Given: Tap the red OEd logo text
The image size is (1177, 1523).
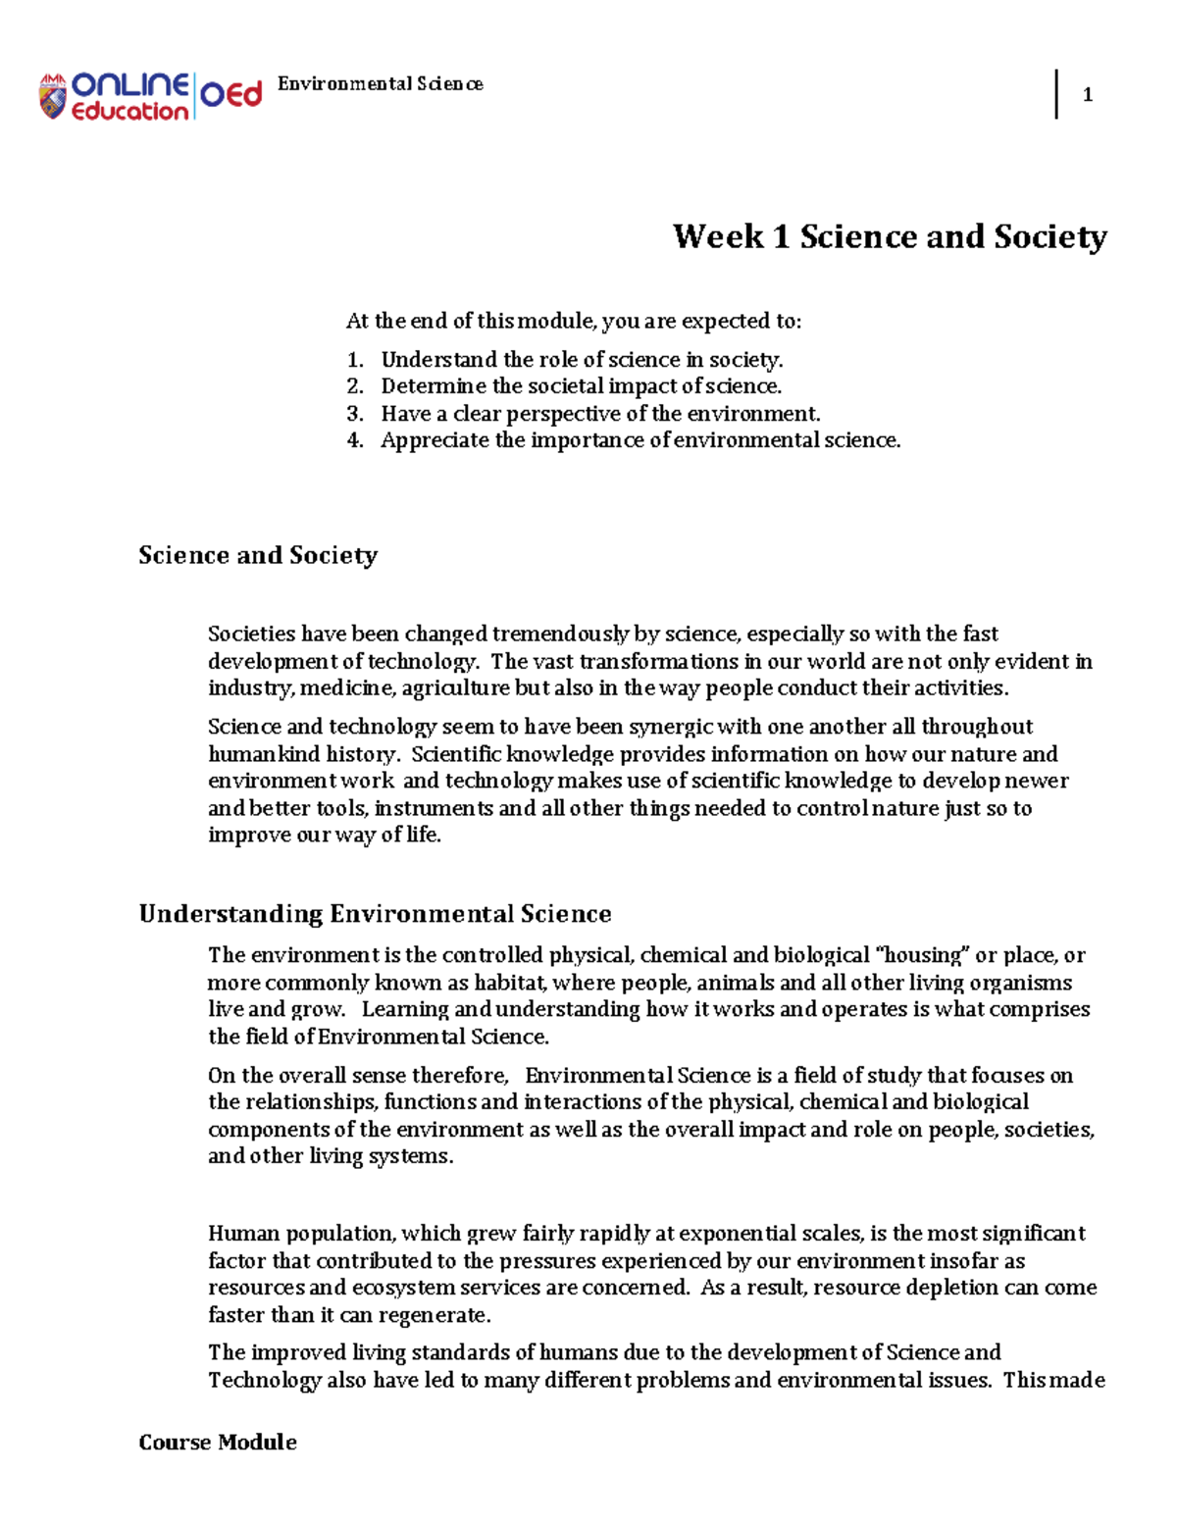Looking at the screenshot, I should [231, 95].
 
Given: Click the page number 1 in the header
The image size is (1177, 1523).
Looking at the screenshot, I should [1087, 95].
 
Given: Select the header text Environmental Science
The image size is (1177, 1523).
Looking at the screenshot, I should [380, 84].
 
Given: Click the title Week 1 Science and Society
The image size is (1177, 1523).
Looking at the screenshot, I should [890, 236].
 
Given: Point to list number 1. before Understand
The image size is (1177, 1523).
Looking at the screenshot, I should [355, 360].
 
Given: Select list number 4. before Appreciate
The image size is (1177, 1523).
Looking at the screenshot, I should [355, 440].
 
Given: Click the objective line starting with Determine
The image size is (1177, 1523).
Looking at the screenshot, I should [581, 386].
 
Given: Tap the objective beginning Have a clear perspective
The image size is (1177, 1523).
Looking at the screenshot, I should [600, 414].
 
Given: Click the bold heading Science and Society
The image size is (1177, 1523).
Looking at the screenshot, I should [258, 555].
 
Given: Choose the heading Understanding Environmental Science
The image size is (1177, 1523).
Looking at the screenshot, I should [375, 914].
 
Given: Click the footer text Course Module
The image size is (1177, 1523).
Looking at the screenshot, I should [218, 1442].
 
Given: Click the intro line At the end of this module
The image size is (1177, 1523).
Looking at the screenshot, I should [573, 322].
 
